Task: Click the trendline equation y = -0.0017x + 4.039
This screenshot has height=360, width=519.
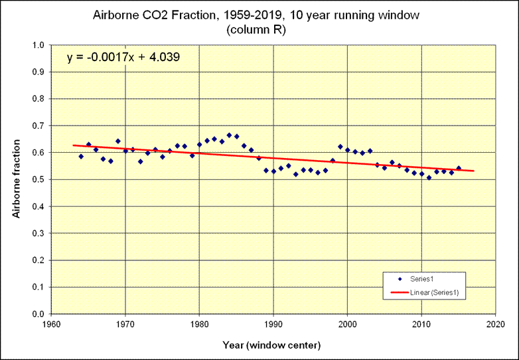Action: (x=123, y=58)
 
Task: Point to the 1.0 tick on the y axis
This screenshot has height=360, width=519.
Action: (x=38, y=45)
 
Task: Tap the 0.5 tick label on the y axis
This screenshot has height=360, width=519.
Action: (x=38, y=180)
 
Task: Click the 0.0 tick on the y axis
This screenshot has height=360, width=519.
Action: (x=38, y=314)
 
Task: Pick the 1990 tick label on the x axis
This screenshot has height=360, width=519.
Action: (x=273, y=325)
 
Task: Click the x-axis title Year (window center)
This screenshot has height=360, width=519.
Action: (x=273, y=345)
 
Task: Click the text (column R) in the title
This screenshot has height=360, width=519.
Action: (x=259, y=29)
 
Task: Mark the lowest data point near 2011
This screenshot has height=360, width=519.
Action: (x=429, y=177)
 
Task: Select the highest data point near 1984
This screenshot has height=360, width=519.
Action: (x=229, y=135)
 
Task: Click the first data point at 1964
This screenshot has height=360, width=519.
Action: (x=81, y=156)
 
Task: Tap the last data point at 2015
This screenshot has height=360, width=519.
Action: (x=459, y=168)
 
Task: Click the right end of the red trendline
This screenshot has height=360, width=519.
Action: (x=474, y=171)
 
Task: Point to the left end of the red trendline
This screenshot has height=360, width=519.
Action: (x=74, y=145)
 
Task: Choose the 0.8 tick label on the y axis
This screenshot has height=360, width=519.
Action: (x=38, y=99)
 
